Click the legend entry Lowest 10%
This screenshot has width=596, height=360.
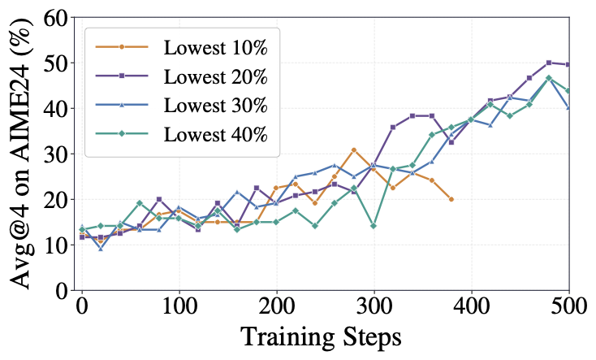click(x=215, y=48)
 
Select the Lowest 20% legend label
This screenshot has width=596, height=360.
click(x=215, y=76)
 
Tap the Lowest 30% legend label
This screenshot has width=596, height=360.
click(x=215, y=106)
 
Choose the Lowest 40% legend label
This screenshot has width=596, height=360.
click(x=215, y=134)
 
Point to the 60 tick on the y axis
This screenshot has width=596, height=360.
click(x=56, y=18)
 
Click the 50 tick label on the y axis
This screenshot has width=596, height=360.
click(x=56, y=63)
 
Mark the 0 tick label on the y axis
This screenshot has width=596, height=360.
click(x=63, y=290)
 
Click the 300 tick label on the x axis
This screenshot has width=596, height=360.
click(x=374, y=306)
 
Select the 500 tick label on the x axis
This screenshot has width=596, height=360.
click(x=569, y=306)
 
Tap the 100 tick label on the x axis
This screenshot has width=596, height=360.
click(x=179, y=306)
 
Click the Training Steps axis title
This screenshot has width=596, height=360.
click(x=322, y=337)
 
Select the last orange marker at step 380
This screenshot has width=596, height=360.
click(x=451, y=199)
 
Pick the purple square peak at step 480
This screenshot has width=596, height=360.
click(x=549, y=63)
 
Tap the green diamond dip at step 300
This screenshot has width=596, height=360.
click(x=374, y=226)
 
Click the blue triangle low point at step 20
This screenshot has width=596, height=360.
click(x=101, y=249)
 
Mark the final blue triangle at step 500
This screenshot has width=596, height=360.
click(x=568, y=108)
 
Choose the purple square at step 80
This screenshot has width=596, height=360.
click(x=159, y=199)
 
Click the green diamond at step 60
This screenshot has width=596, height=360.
click(x=140, y=203)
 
